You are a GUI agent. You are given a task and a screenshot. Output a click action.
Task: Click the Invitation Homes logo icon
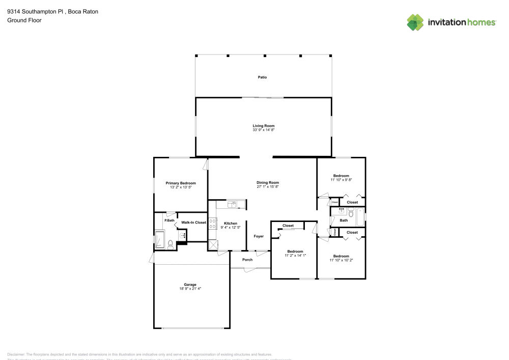point(415,22)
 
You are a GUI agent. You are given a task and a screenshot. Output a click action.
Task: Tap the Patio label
point(262,77)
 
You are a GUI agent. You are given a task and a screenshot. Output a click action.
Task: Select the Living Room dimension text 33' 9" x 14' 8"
point(264,130)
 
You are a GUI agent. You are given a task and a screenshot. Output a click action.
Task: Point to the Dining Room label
point(268,182)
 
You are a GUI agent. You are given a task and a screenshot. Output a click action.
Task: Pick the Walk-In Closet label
point(193,223)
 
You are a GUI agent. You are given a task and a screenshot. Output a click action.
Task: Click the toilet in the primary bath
point(171,244)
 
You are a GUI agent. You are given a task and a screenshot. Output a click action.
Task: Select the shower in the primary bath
point(159,239)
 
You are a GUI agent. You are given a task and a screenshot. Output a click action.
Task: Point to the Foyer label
point(259,236)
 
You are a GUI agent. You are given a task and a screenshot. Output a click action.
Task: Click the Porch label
point(247,260)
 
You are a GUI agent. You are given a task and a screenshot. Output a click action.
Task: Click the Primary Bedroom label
point(181,183)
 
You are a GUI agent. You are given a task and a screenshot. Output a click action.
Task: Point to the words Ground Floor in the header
point(24,20)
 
